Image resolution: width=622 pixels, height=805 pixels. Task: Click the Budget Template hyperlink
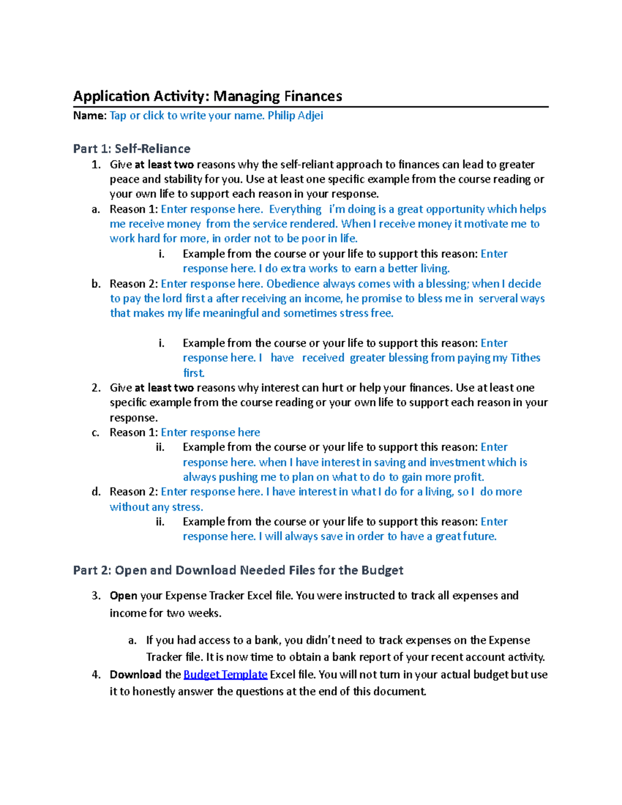(x=225, y=674)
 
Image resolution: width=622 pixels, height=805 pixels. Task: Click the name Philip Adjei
(x=295, y=116)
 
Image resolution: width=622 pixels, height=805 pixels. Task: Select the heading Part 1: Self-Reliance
(x=132, y=149)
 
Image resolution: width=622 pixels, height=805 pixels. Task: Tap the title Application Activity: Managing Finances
(x=207, y=96)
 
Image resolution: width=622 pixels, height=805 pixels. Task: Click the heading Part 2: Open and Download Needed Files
(x=238, y=570)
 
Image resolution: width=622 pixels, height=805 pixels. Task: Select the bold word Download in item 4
(x=135, y=674)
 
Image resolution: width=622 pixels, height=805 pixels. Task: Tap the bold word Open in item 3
(x=123, y=596)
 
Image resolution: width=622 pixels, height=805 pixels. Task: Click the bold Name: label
(x=90, y=116)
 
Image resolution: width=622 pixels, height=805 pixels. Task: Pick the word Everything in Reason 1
(x=295, y=209)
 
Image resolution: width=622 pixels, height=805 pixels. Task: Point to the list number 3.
(x=96, y=596)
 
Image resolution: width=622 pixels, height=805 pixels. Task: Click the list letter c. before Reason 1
(x=95, y=433)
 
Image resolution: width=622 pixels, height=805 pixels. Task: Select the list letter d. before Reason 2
(x=96, y=492)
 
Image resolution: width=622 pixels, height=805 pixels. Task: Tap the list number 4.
(x=96, y=674)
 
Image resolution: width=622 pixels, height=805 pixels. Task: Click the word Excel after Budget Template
(x=282, y=674)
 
